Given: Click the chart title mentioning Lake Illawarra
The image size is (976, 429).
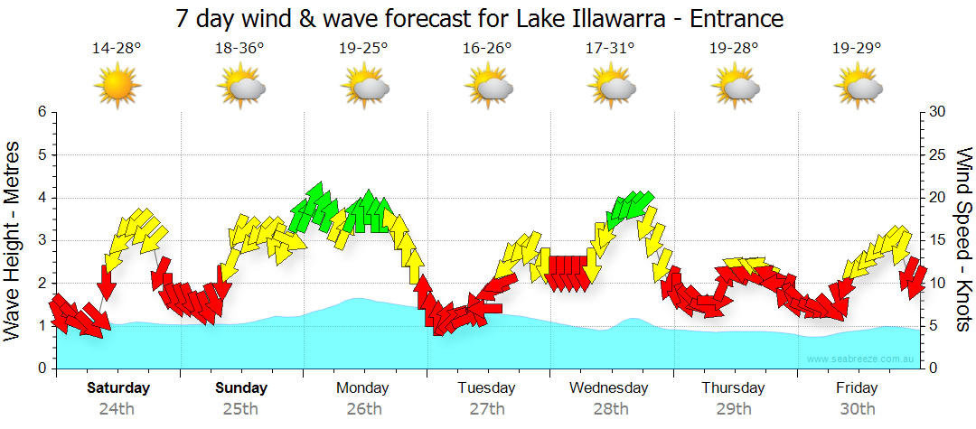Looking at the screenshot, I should (479, 18).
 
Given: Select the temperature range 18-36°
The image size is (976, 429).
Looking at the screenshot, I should (239, 48).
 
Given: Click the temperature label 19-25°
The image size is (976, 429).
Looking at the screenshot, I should (363, 48).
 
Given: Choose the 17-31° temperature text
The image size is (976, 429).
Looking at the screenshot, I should (610, 48).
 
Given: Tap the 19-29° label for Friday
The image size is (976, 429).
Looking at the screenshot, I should (856, 48).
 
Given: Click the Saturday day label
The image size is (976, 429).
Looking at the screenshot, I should (118, 388).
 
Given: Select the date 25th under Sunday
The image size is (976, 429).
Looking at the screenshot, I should (241, 408).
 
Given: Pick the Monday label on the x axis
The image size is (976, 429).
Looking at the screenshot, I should (362, 388).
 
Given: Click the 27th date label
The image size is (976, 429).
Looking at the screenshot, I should (487, 408).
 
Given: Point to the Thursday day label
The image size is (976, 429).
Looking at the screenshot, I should (733, 388).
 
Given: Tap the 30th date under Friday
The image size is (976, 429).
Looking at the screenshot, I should (856, 408).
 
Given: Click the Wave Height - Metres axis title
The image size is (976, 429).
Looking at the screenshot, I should (15, 239).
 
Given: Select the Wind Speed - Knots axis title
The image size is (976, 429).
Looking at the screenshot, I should (962, 239).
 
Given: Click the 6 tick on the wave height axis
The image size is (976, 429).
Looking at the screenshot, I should (41, 112).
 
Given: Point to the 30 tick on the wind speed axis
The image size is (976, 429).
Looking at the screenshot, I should (938, 112).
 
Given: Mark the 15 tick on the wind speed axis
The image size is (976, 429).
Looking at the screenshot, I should (938, 240).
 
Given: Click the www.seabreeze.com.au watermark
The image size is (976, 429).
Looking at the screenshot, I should (861, 359).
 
